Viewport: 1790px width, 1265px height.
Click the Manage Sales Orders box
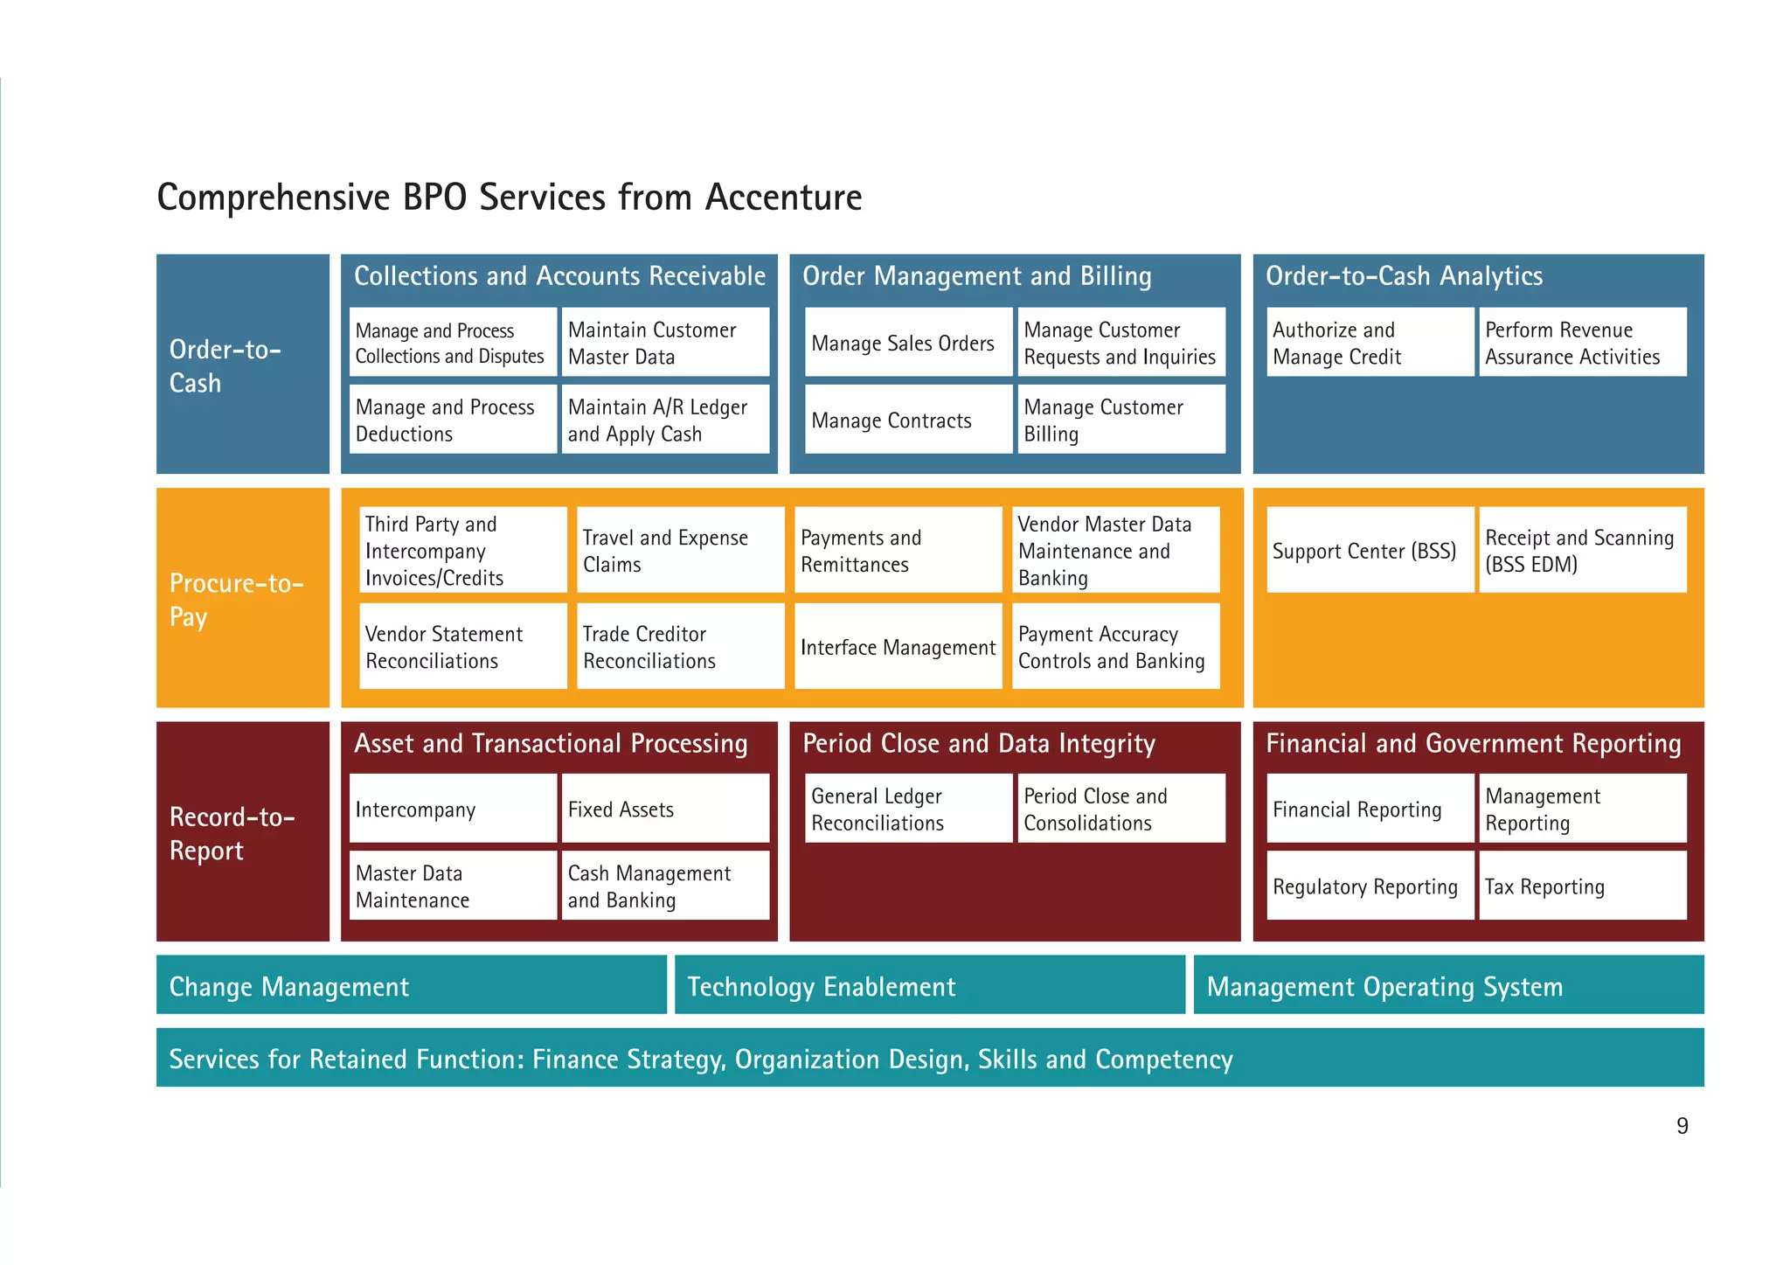pyautogui.click(x=907, y=343)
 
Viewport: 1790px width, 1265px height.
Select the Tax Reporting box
pyautogui.click(x=1581, y=886)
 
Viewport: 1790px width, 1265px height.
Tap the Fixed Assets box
pyautogui.click(x=664, y=810)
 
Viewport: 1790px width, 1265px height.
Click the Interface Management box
pyautogui.click(x=898, y=647)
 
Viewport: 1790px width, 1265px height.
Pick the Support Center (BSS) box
pyautogui.click(x=1369, y=551)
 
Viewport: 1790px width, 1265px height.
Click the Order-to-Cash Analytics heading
pyautogui.click(x=1404, y=276)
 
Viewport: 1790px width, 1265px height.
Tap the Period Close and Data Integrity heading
pyautogui.click(x=978, y=744)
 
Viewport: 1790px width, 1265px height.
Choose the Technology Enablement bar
pyautogui.click(x=929, y=986)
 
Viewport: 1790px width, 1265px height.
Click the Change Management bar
pyautogui.click(x=411, y=986)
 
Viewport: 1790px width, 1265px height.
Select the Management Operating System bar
pyautogui.click(x=1447, y=986)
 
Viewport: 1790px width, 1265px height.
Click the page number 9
pyautogui.click(x=1682, y=1126)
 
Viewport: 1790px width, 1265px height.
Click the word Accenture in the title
pyautogui.click(x=783, y=198)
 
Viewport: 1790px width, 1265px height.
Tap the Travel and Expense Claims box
pyautogui.click(x=680, y=551)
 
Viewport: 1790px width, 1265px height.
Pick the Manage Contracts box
pyautogui.click(x=907, y=421)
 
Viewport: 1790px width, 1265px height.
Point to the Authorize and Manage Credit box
pyautogui.click(x=1369, y=343)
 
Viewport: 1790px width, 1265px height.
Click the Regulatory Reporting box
pyautogui.click(x=1369, y=886)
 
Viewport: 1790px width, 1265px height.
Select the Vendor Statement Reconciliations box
pyautogui.click(x=462, y=647)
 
